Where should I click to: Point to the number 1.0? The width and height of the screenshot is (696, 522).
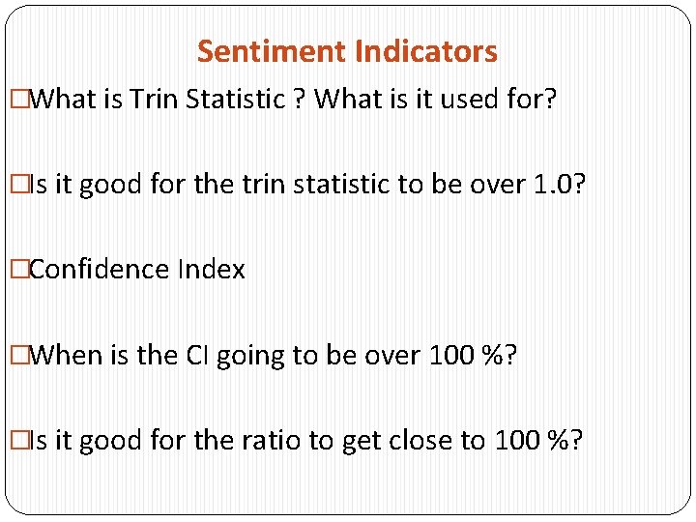pyautogui.click(x=549, y=184)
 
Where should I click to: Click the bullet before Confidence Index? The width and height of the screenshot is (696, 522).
pyautogui.click(x=17, y=269)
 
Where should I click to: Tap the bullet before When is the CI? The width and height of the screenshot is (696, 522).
pyautogui.click(x=17, y=355)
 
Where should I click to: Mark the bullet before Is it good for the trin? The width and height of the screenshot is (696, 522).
pyautogui.click(x=17, y=184)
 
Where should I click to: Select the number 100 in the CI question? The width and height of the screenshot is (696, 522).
pyautogui.click(x=449, y=355)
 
